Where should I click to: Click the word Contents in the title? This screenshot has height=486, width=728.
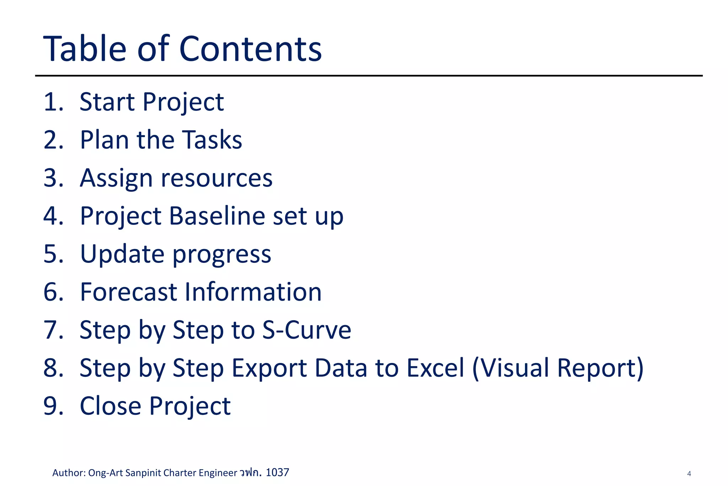pos(251,49)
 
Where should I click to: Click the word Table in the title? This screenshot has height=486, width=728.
pos(85,49)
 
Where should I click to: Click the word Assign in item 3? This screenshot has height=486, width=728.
pos(116,178)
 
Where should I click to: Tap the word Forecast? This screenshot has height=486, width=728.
pos(128,292)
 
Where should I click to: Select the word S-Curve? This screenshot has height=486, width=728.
pos(306,330)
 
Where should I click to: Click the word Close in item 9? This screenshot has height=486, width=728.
pos(110,406)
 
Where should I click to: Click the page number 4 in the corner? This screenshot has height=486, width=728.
pos(689,474)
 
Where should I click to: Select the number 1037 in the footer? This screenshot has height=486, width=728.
pos(277,472)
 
